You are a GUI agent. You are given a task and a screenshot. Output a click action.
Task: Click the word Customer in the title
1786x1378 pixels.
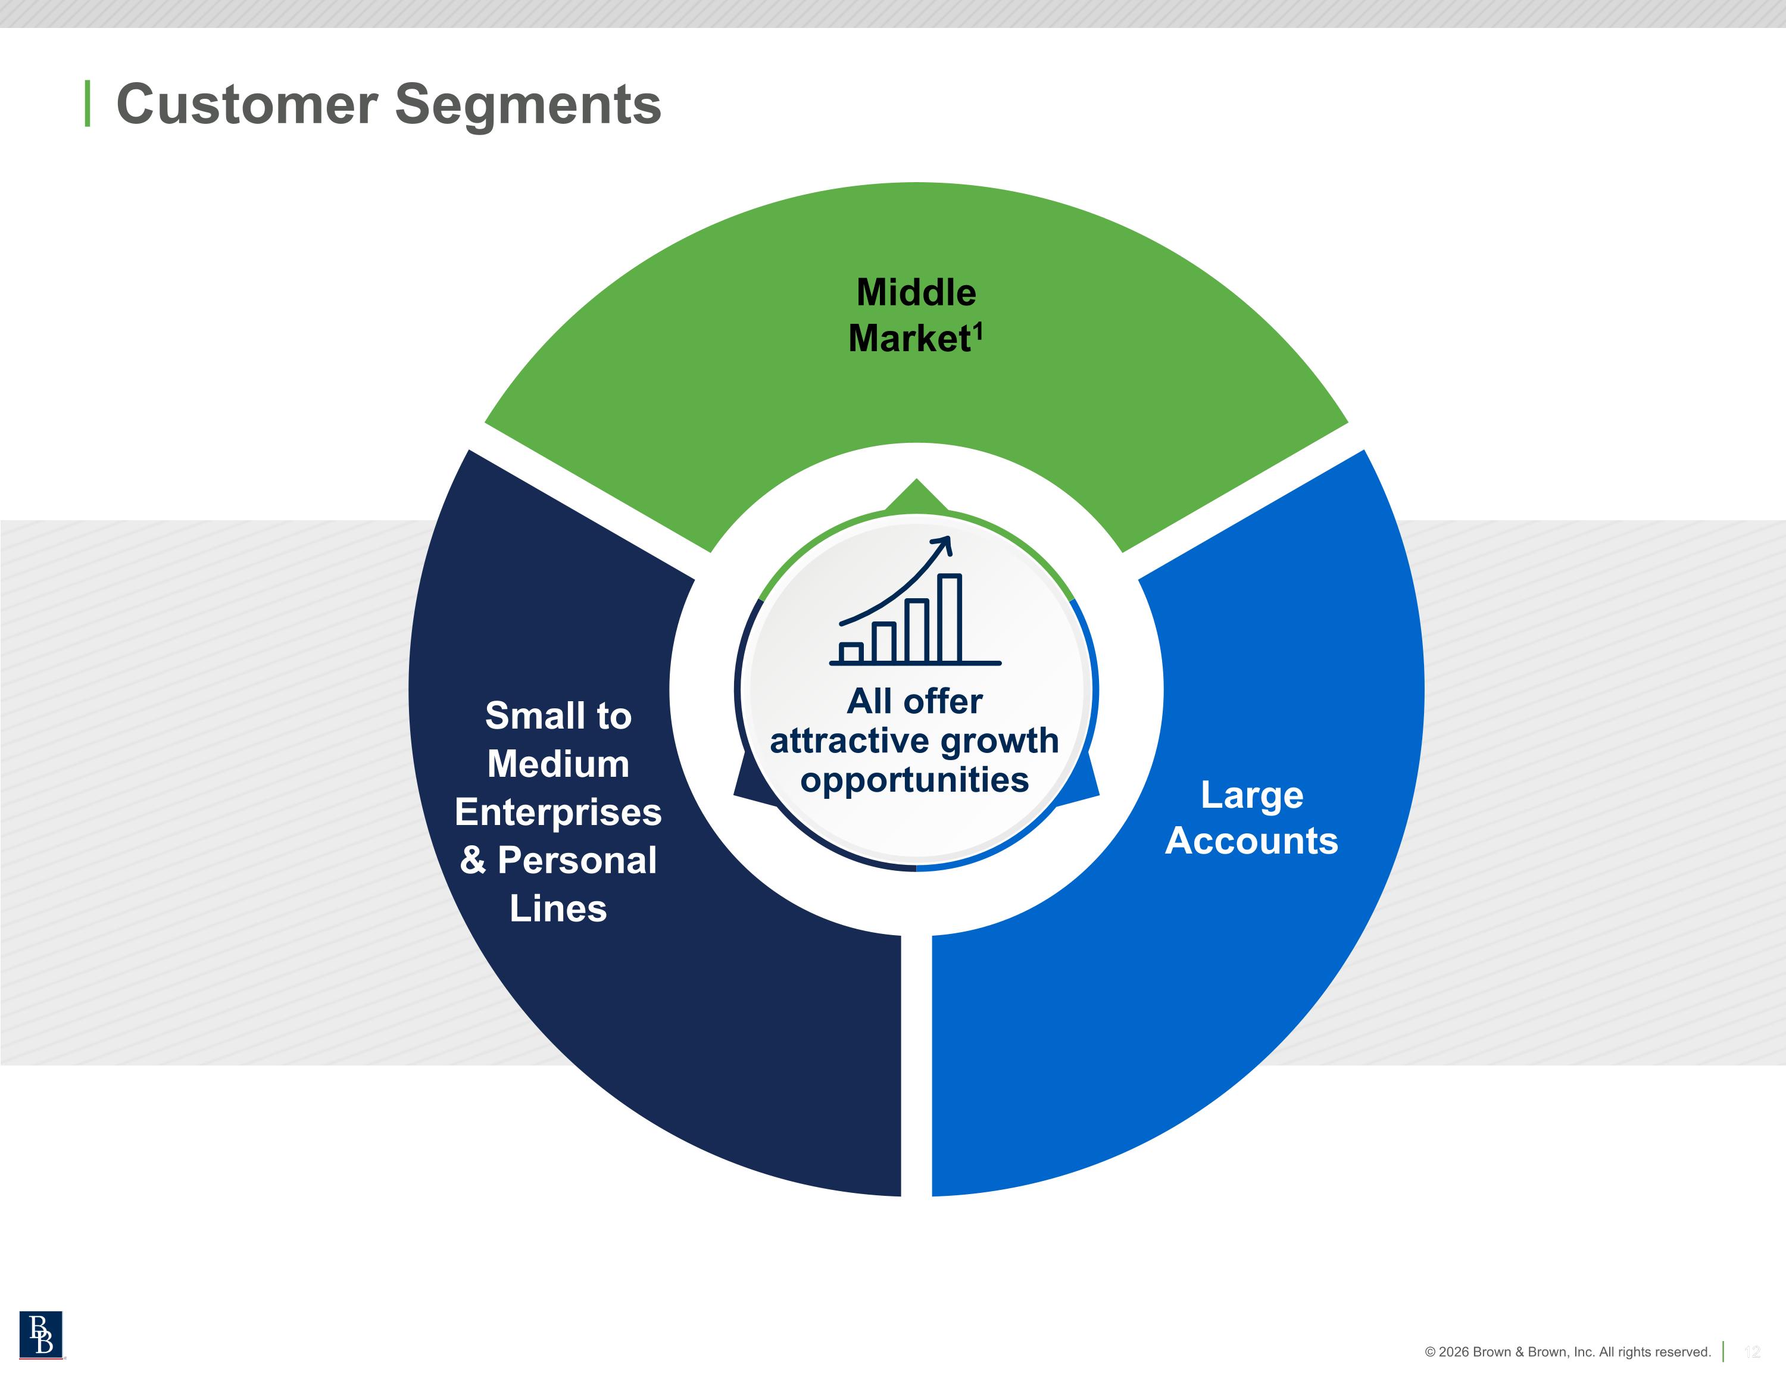247,105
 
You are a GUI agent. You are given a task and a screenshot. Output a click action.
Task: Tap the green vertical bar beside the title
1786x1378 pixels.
88,104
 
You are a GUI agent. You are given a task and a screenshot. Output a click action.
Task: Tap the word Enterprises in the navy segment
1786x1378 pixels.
558,812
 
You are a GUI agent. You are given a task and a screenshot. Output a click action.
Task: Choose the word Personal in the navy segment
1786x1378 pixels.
576,860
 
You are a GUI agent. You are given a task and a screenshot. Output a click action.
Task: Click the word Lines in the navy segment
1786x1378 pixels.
558,908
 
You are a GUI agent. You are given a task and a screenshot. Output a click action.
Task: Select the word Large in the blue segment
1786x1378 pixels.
1251,795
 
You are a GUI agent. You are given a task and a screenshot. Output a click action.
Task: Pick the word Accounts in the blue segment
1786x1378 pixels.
1251,840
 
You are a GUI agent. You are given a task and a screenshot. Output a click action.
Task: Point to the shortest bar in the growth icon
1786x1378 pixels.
851,652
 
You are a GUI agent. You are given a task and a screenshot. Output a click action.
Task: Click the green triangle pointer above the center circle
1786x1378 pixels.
916,496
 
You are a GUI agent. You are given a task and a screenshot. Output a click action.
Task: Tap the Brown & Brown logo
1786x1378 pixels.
41,1335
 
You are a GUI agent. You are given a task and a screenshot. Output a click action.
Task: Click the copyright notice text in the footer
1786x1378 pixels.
1567,1352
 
